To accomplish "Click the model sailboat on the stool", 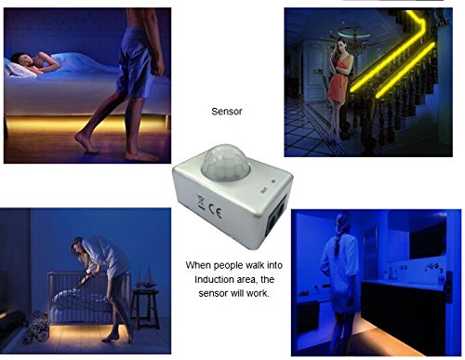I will point(146,277).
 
